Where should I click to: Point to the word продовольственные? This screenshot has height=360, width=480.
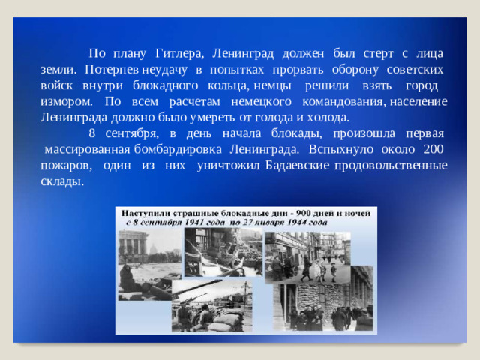(391, 165)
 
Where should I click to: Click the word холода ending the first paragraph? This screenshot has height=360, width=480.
(326, 117)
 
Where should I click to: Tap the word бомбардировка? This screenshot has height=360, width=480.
(179, 149)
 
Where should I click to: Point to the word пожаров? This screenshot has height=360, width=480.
(66, 165)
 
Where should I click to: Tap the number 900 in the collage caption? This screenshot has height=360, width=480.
(271, 212)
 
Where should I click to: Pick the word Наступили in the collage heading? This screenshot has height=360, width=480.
(147, 212)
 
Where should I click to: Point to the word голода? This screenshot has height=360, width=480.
(277, 117)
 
